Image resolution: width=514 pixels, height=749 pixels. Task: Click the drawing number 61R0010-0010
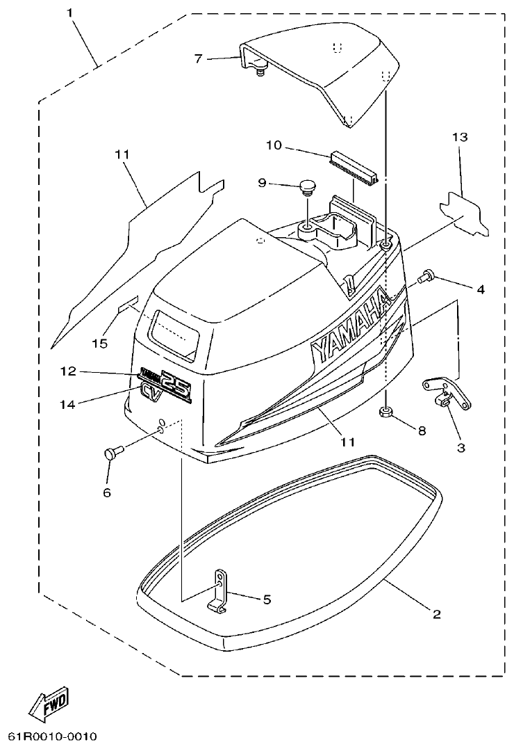[x=52, y=736]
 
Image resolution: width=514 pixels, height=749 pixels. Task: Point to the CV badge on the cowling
[x=149, y=392]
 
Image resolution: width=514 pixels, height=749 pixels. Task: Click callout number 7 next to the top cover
[x=199, y=58]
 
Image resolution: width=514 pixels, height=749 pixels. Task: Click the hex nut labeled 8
[x=388, y=413]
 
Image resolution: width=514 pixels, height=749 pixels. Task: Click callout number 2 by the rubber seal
[x=436, y=614]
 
